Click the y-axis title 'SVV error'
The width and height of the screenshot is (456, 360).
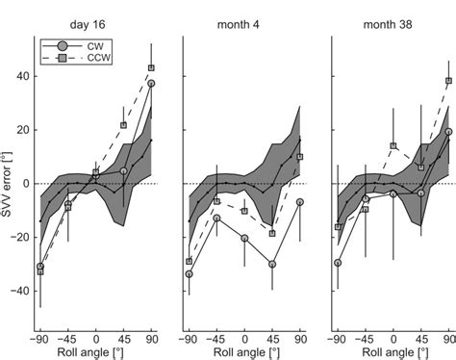click(10, 183)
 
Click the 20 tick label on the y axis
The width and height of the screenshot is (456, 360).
click(22, 129)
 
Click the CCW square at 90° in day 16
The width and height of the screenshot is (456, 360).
click(151, 67)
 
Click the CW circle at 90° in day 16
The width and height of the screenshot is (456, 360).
click(151, 84)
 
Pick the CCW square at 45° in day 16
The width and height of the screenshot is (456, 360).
click(123, 125)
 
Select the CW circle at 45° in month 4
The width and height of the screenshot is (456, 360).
click(272, 264)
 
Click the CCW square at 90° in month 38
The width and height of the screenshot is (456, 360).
click(448, 81)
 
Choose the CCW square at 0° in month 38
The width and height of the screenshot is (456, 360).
click(393, 146)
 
